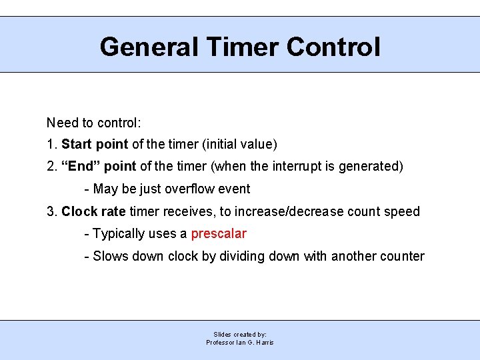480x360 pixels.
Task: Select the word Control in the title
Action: [333, 47]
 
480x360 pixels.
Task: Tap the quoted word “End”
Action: [79, 167]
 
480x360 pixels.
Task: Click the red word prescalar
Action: [219, 233]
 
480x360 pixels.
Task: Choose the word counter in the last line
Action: [401, 256]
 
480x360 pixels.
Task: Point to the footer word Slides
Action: [223, 335]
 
